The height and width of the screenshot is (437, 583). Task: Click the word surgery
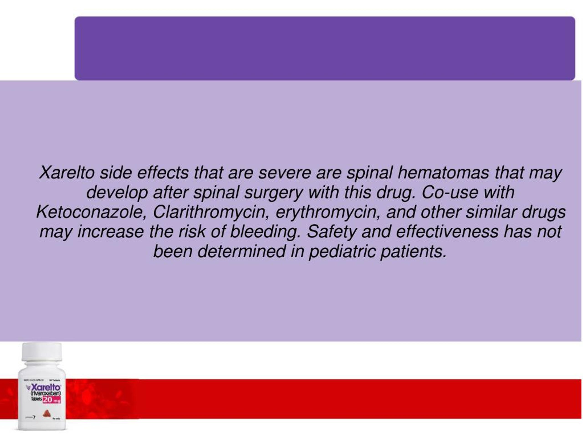tap(273, 193)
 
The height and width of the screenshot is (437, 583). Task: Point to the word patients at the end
tap(414, 251)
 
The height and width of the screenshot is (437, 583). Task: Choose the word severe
tap(284, 173)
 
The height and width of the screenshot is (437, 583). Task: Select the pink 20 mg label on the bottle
tap(52, 400)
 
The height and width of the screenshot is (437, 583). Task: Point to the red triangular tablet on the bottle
tap(47, 414)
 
